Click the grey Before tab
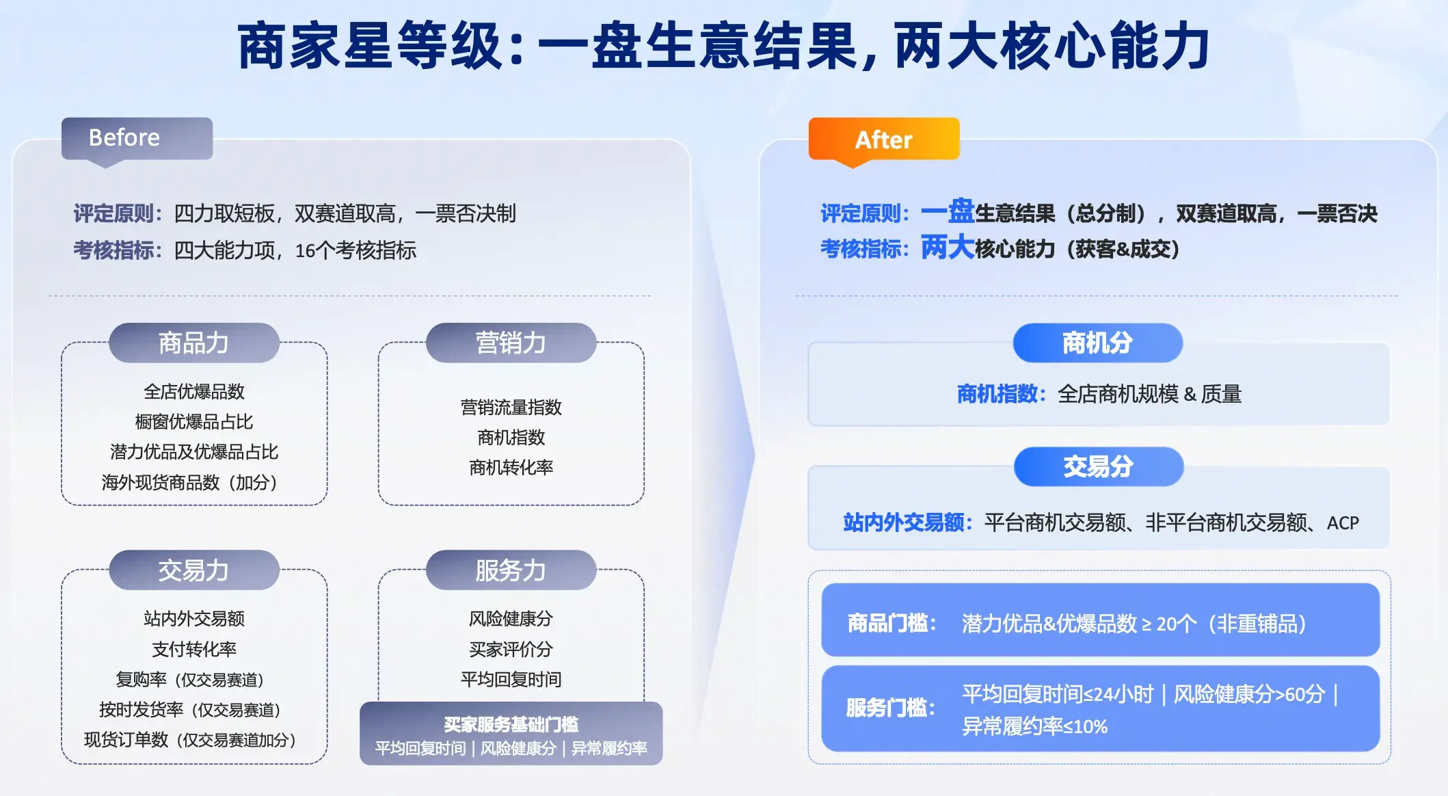pos(137,139)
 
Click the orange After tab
pos(884,140)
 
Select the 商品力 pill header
pos(194,343)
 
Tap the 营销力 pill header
pos(511,343)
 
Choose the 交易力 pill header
pos(194,570)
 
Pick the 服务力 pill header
pos(511,570)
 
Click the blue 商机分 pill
pos(1098,343)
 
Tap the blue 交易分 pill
pos(1099,466)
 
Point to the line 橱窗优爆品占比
pos(194,422)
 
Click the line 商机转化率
pos(511,468)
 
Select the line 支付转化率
pos(194,649)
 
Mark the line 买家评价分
pos(511,649)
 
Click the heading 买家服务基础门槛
pos(511,724)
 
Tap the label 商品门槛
pos(891,623)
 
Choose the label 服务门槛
pos(891,708)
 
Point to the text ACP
pos(1343,523)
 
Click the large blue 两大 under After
pos(948,247)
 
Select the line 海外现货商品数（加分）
pos(189,483)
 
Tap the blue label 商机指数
pos(1001,394)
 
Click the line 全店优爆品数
pos(194,392)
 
